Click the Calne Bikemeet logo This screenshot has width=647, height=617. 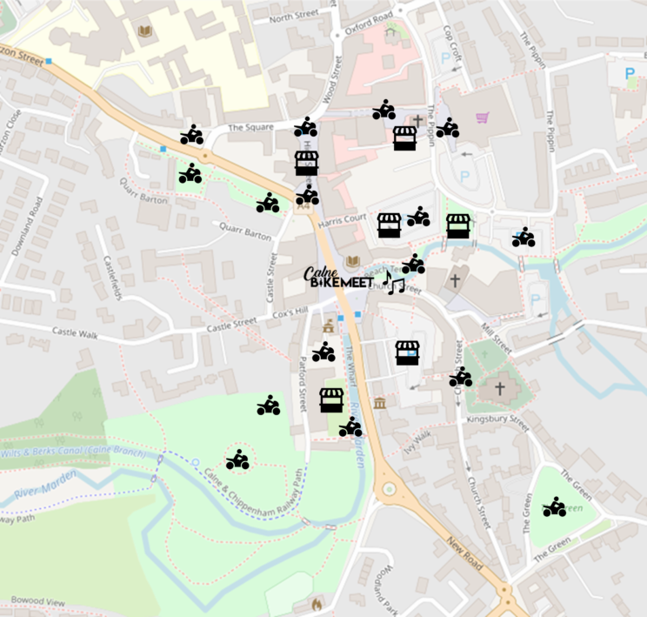(x=337, y=277)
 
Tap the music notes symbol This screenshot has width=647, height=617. (x=395, y=282)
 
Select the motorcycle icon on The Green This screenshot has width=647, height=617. (x=555, y=506)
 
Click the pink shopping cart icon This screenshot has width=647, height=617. (x=482, y=117)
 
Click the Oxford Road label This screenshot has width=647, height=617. (x=369, y=22)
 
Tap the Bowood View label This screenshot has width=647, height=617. (x=38, y=601)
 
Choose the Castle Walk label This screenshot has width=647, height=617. (x=77, y=332)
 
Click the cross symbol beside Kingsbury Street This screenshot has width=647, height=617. (x=499, y=389)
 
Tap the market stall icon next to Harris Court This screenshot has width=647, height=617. (x=389, y=225)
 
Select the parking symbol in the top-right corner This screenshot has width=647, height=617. (x=630, y=75)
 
